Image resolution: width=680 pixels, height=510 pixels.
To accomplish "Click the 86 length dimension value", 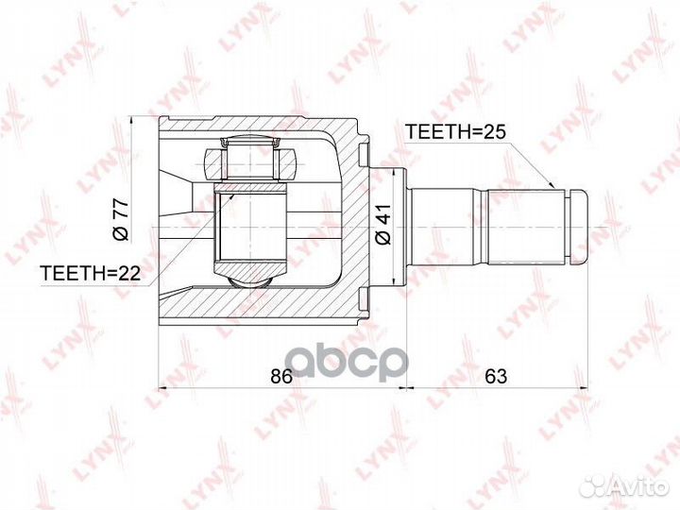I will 280,376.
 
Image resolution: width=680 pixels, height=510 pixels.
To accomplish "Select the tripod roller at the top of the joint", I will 250,161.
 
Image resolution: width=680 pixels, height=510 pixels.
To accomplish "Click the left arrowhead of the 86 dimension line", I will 162,388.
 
